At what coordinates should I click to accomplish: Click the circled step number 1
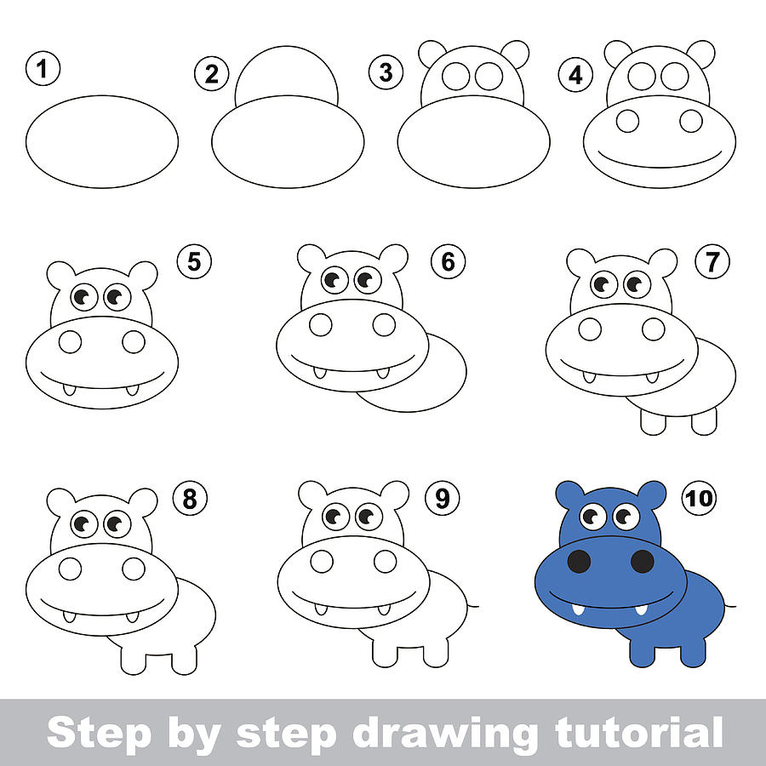(43, 69)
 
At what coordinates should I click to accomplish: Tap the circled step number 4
(576, 75)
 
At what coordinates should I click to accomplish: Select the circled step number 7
(712, 264)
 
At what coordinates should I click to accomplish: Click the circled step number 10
(699, 499)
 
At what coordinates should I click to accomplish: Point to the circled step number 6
(448, 263)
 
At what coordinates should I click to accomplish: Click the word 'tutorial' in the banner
(638, 732)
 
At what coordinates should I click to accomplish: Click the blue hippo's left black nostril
(580, 561)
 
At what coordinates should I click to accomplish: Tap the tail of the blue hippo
(729, 606)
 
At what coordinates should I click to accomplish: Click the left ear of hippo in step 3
(432, 53)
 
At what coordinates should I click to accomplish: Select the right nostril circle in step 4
(691, 121)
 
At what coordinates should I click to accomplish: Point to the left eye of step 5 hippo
(84, 297)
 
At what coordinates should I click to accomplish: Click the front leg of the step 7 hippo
(654, 420)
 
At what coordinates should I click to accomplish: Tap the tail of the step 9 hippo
(472, 606)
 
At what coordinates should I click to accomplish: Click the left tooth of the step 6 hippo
(318, 372)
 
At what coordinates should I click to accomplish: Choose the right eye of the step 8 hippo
(117, 524)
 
